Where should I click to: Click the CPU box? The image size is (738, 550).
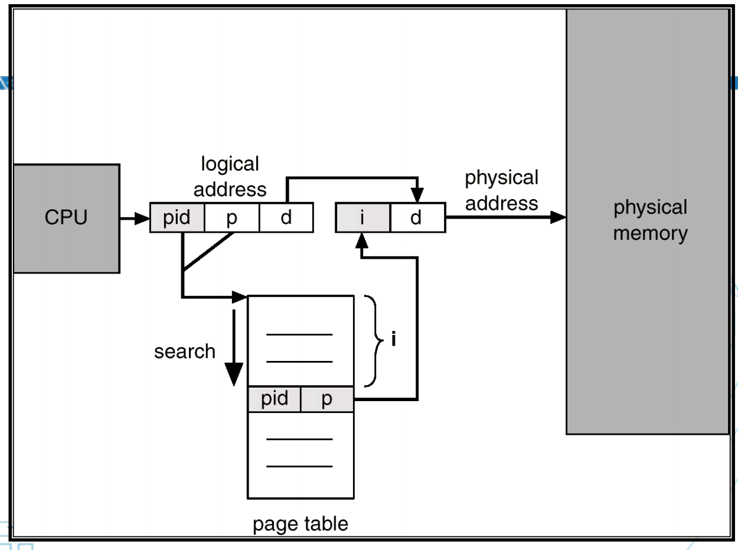pyautogui.click(x=66, y=218)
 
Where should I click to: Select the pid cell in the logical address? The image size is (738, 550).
pyautogui.click(x=177, y=218)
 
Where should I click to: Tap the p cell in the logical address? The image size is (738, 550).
pyautogui.click(x=231, y=218)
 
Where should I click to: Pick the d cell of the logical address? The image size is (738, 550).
pyautogui.click(x=286, y=218)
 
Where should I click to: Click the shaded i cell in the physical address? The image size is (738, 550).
pyautogui.click(x=363, y=218)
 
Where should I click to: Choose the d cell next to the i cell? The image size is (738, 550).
pyautogui.click(x=416, y=218)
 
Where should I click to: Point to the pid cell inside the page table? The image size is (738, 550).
pyautogui.click(x=275, y=399)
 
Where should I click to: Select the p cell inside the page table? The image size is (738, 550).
pyautogui.click(x=327, y=399)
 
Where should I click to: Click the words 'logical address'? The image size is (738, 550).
pyautogui.click(x=230, y=176)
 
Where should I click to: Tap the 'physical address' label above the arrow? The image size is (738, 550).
pyautogui.click(x=501, y=190)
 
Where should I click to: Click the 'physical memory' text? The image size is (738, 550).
pyautogui.click(x=650, y=220)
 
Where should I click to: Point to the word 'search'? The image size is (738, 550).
pyautogui.click(x=185, y=352)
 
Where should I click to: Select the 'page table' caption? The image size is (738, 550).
pyautogui.click(x=301, y=523)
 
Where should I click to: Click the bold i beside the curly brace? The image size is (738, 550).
pyautogui.click(x=394, y=340)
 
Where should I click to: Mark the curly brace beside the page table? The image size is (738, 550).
pyautogui.click(x=373, y=340)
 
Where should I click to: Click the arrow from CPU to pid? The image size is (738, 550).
pyautogui.click(x=135, y=219)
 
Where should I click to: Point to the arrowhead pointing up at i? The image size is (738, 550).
pyautogui.click(x=363, y=240)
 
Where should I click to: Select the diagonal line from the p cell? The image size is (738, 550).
pyautogui.click(x=208, y=252)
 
